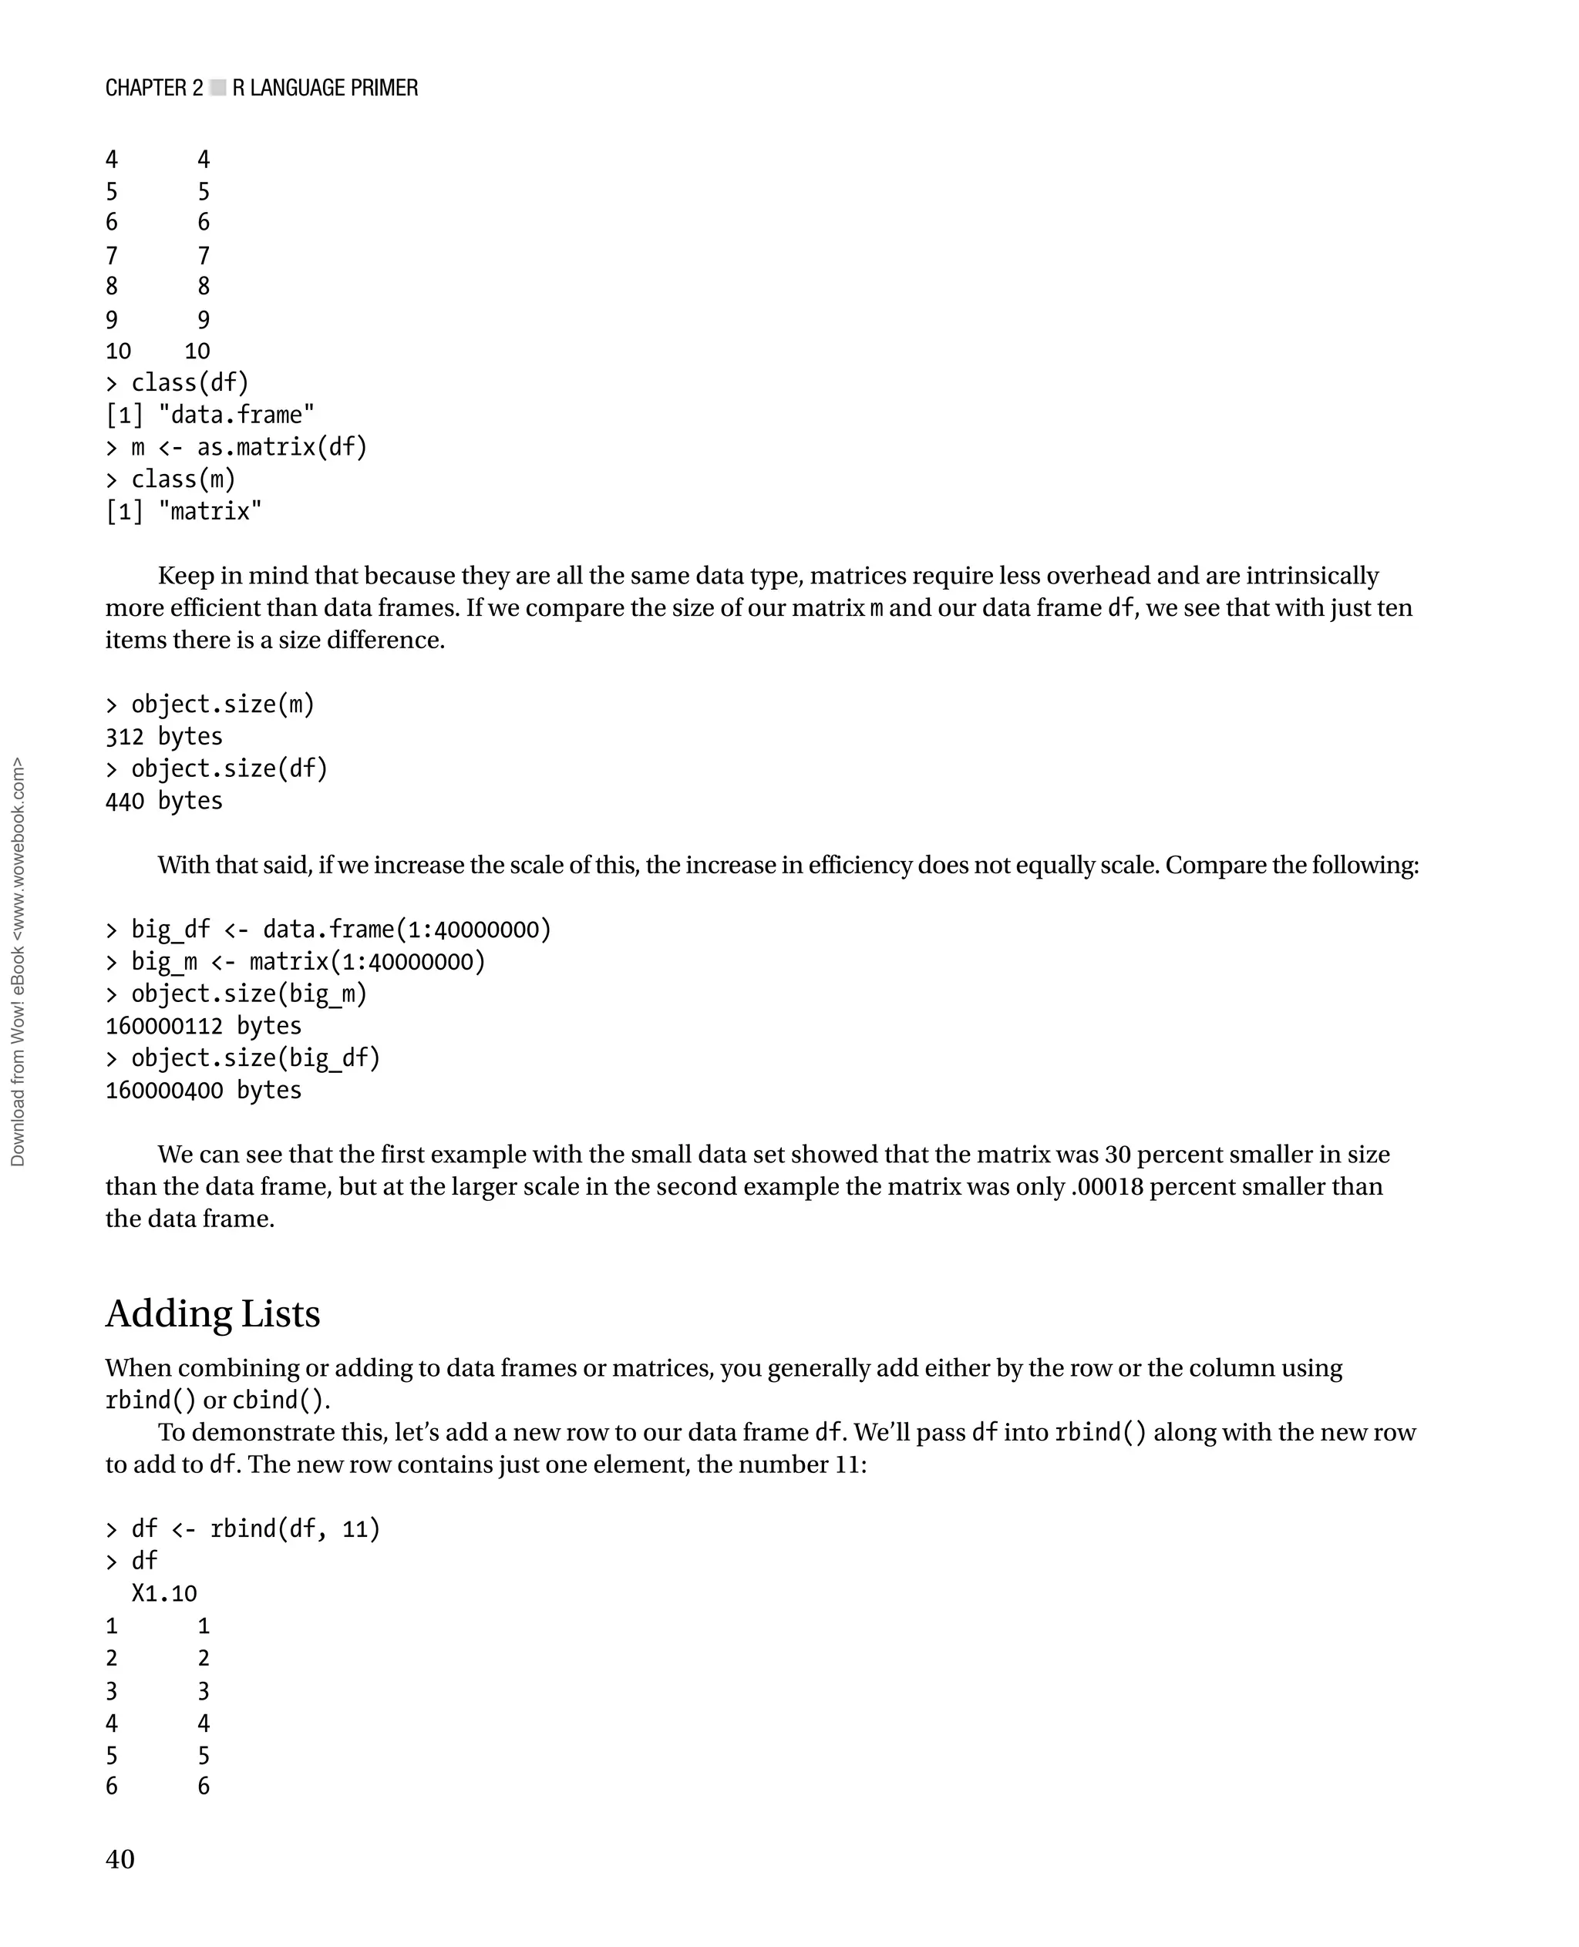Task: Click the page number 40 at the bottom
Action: pyautogui.click(x=120, y=1859)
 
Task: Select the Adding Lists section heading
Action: pyautogui.click(x=213, y=1314)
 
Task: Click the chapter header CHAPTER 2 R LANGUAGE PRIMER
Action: pyautogui.click(x=261, y=88)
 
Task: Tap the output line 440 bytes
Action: pyautogui.click(x=163, y=801)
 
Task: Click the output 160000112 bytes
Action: pyautogui.click(x=203, y=1026)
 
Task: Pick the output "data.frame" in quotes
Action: pyautogui.click(x=236, y=415)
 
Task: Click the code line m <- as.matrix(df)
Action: pyautogui.click(x=248, y=447)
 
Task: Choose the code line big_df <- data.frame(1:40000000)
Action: pyautogui.click(x=340, y=930)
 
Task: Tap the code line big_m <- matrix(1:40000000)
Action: pyautogui.click(x=308, y=962)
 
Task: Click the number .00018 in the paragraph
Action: pyautogui.click(x=1107, y=1187)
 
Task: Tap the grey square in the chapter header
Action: pyautogui.click(x=217, y=88)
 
